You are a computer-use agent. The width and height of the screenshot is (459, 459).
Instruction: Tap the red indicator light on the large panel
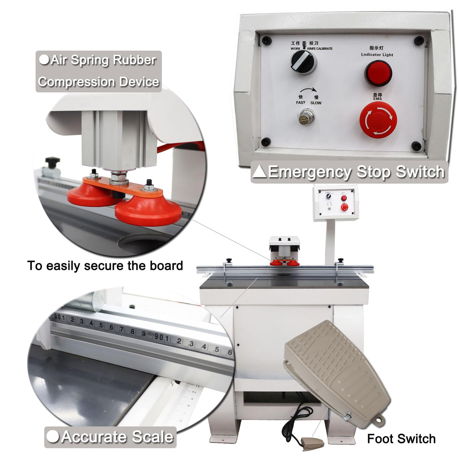click(x=378, y=73)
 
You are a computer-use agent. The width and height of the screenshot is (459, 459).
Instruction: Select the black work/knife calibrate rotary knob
click(x=303, y=62)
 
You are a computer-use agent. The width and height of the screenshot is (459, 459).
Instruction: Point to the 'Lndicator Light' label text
click(x=377, y=55)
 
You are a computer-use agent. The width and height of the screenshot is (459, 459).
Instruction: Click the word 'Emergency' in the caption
click(x=310, y=172)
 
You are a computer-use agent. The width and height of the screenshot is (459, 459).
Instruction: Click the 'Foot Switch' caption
click(x=401, y=439)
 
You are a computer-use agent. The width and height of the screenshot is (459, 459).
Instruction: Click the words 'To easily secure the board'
click(x=105, y=266)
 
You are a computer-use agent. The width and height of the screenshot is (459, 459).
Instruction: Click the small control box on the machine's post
click(x=335, y=203)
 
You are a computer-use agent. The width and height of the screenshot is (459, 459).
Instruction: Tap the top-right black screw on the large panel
click(x=418, y=40)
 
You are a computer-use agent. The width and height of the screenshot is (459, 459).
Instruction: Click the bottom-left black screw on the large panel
click(x=266, y=142)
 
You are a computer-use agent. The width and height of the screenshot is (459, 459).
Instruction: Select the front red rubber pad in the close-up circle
click(x=148, y=211)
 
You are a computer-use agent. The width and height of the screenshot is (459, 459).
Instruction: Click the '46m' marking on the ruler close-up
click(x=151, y=334)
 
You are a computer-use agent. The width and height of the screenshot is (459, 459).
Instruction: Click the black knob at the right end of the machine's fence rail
click(x=341, y=261)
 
